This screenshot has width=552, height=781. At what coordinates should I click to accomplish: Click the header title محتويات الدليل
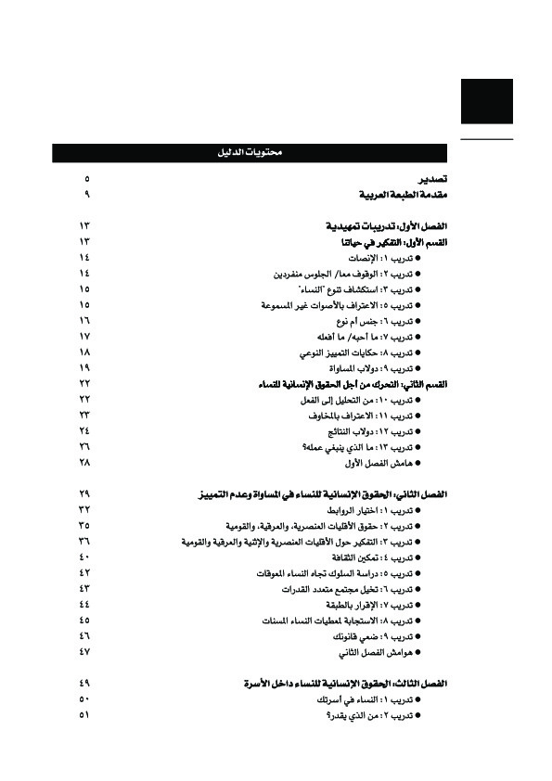coord(253,153)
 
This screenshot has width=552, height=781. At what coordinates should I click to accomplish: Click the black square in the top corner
coord(486,101)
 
